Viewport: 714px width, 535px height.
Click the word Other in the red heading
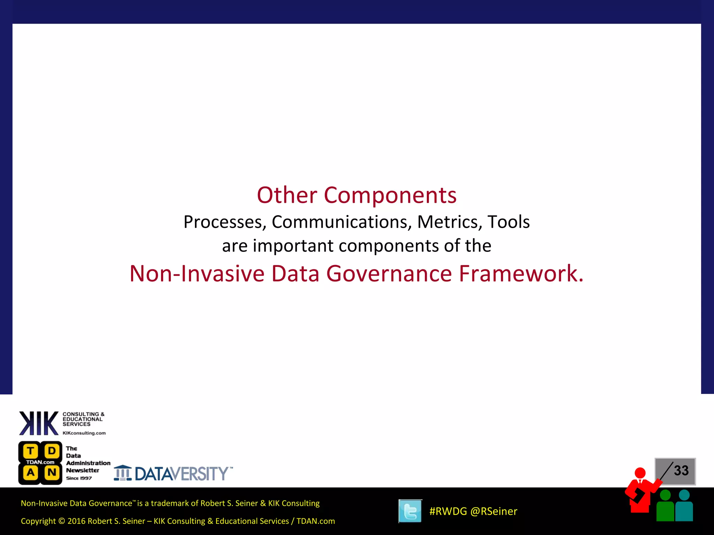pyautogui.click(x=287, y=195)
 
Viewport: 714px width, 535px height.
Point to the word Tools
pyautogui.click(x=508, y=222)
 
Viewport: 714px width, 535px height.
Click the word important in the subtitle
pyautogui.click(x=293, y=246)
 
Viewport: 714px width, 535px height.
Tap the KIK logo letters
pyautogui.click(x=39, y=423)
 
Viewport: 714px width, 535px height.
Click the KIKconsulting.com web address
pyautogui.click(x=84, y=433)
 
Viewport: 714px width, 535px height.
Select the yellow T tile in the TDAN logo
pyautogui.click(x=31, y=451)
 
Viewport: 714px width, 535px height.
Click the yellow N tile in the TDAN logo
pyautogui.click(x=52, y=473)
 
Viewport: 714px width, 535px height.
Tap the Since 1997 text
pyautogui.click(x=79, y=478)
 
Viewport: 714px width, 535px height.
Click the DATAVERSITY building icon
pyautogui.click(x=123, y=473)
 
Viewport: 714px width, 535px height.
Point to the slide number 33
pyautogui.click(x=681, y=471)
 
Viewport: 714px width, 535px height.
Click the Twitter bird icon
pyautogui.click(x=410, y=511)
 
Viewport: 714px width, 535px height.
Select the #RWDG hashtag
pyautogui.click(x=448, y=511)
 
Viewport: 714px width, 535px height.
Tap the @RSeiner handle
pyautogui.click(x=494, y=511)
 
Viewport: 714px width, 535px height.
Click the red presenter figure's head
pyautogui.click(x=640, y=473)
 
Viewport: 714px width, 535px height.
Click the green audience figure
pyautogui.click(x=665, y=507)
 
